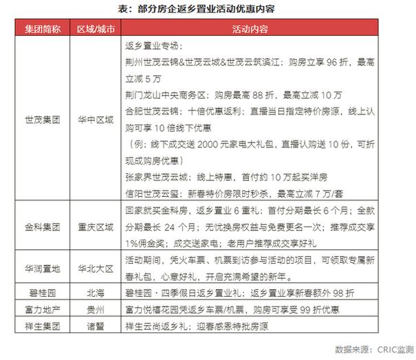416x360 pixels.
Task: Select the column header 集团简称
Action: click(43, 29)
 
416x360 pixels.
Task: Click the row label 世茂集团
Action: click(43, 118)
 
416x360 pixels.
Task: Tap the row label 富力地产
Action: click(43, 308)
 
